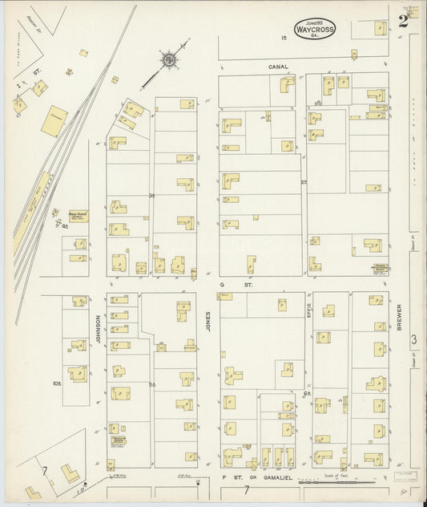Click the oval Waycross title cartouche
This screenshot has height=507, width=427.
tap(315, 28)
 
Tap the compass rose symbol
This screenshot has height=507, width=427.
tap(169, 59)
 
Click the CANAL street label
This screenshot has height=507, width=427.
tap(278, 67)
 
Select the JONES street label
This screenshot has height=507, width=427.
tap(207, 322)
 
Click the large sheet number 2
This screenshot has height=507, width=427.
tap(403, 19)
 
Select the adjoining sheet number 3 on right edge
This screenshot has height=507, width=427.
tap(413, 340)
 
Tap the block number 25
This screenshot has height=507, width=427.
tap(304, 182)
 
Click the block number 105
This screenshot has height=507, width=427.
tap(57, 383)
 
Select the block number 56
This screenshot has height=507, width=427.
tap(151, 386)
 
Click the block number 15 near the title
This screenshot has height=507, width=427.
tap(283, 39)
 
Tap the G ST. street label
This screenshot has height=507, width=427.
tap(226, 283)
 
